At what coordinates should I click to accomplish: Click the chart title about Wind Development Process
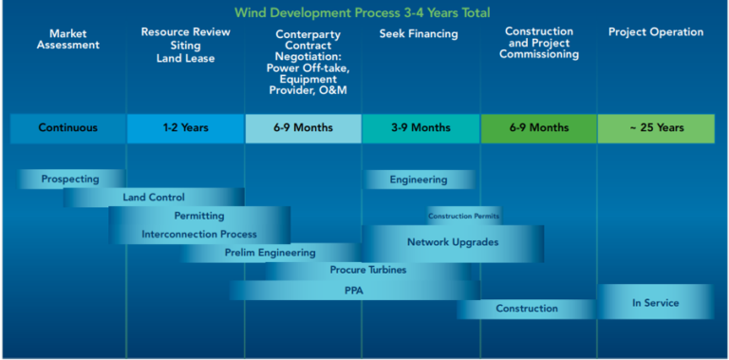click(364, 12)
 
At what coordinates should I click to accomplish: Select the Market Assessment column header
click(67, 39)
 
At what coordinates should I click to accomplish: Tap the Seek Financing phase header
click(419, 34)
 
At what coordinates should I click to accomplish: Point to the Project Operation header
click(656, 32)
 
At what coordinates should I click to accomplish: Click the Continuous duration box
click(67, 128)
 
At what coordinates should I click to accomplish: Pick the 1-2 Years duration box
click(186, 128)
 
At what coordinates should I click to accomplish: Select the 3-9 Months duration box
click(419, 128)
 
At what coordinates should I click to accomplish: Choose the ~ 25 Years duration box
click(656, 128)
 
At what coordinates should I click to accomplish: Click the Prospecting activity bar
click(70, 179)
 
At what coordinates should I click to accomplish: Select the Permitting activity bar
click(199, 216)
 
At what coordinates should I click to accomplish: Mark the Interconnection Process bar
click(199, 234)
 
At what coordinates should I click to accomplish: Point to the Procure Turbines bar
click(368, 271)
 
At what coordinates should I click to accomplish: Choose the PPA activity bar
click(353, 291)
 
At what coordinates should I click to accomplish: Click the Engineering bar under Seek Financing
click(418, 179)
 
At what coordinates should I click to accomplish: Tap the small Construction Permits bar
click(463, 216)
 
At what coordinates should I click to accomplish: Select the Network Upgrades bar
click(453, 243)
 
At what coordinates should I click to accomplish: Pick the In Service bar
click(655, 302)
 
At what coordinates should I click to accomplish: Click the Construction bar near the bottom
click(526, 309)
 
